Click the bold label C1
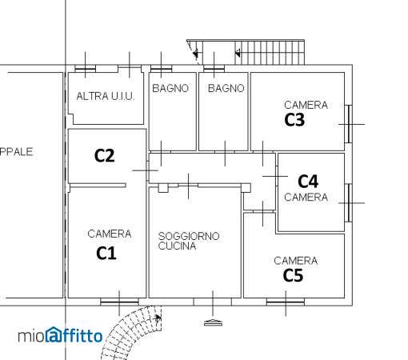point(106,253)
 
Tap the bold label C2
point(105,155)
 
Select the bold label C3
point(294,120)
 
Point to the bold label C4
point(308,182)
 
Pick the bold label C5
point(293,275)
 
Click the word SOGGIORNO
point(189,236)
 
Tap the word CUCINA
point(177,246)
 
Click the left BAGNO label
point(170,88)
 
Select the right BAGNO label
point(226,88)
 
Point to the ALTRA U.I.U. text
point(106,96)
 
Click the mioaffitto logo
point(60,335)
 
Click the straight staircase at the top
point(246,52)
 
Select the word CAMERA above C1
point(110,234)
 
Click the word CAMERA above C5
point(296,261)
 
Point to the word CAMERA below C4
point(306,198)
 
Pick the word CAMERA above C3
point(306,105)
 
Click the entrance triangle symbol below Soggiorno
point(213,322)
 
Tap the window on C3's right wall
point(349,124)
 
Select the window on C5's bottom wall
point(286,302)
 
